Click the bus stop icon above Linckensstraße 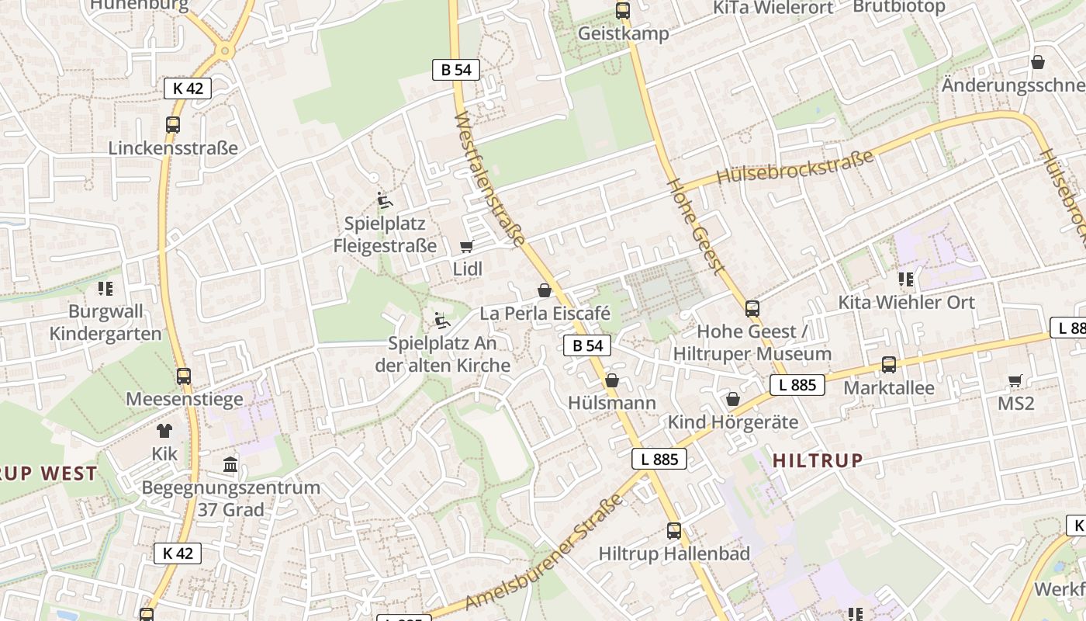click(x=173, y=124)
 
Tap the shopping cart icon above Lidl click(x=466, y=246)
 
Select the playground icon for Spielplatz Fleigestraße click(x=384, y=200)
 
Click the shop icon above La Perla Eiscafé click(x=545, y=290)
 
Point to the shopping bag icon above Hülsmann click(x=612, y=380)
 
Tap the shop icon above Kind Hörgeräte click(x=733, y=399)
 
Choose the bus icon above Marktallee click(x=889, y=364)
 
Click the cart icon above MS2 click(x=1015, y=380)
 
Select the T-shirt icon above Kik click(x=164, y=431)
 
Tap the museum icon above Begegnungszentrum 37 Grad click(x=230, y=465)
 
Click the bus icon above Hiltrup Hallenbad click(x=674, y=531)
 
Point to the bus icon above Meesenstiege click(x=184, y=376)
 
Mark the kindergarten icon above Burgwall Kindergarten click(x=105, y=289)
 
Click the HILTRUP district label click(x=818, y=460)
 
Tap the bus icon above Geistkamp click(x=622, y=11)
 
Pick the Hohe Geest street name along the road click(x=696, y=226)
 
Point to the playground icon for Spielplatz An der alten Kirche click(x=441, y=321)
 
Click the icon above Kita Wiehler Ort click(x=906, y=279)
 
